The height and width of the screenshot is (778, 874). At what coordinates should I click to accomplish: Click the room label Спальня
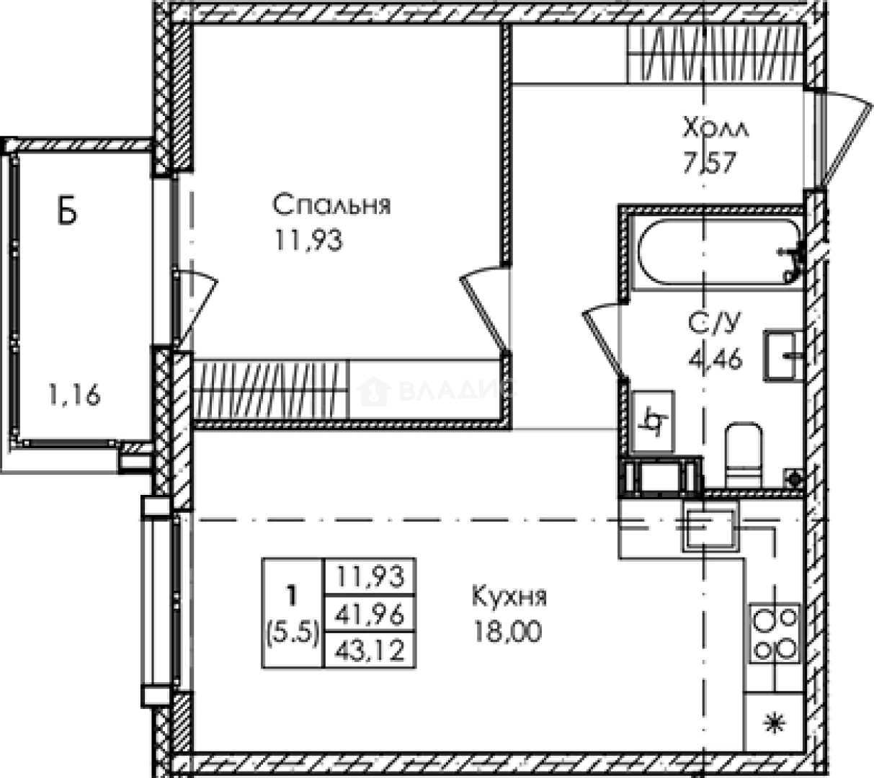(331, 205)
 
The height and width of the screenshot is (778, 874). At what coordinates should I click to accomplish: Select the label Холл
(715, 128)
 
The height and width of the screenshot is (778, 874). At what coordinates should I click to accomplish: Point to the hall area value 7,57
(710, 163)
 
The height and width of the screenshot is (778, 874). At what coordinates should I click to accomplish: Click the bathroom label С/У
(714, 323)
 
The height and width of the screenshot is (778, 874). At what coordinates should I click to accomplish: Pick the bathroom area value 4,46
(715, 358)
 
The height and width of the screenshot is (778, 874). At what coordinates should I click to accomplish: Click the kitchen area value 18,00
(508, 632)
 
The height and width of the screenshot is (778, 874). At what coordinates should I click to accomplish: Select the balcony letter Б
(67, 210)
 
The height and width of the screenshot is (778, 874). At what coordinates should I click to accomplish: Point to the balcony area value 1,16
(75, 394)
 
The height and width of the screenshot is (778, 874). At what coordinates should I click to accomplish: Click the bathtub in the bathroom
(718, 252)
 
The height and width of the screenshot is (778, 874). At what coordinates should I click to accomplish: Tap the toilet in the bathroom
(744, 455)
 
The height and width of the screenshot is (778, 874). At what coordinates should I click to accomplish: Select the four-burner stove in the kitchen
(775, 633)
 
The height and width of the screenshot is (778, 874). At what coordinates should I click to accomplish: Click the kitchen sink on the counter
(710, 530)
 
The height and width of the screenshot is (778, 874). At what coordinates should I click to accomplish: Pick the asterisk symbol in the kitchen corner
(775, 723)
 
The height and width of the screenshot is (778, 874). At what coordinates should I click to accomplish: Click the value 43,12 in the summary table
(370, 650)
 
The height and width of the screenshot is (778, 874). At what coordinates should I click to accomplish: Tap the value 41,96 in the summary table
(370, 614)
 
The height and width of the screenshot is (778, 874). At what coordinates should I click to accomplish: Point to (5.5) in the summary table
(293, 632)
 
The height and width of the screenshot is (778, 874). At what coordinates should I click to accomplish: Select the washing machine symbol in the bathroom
(653, 421)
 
